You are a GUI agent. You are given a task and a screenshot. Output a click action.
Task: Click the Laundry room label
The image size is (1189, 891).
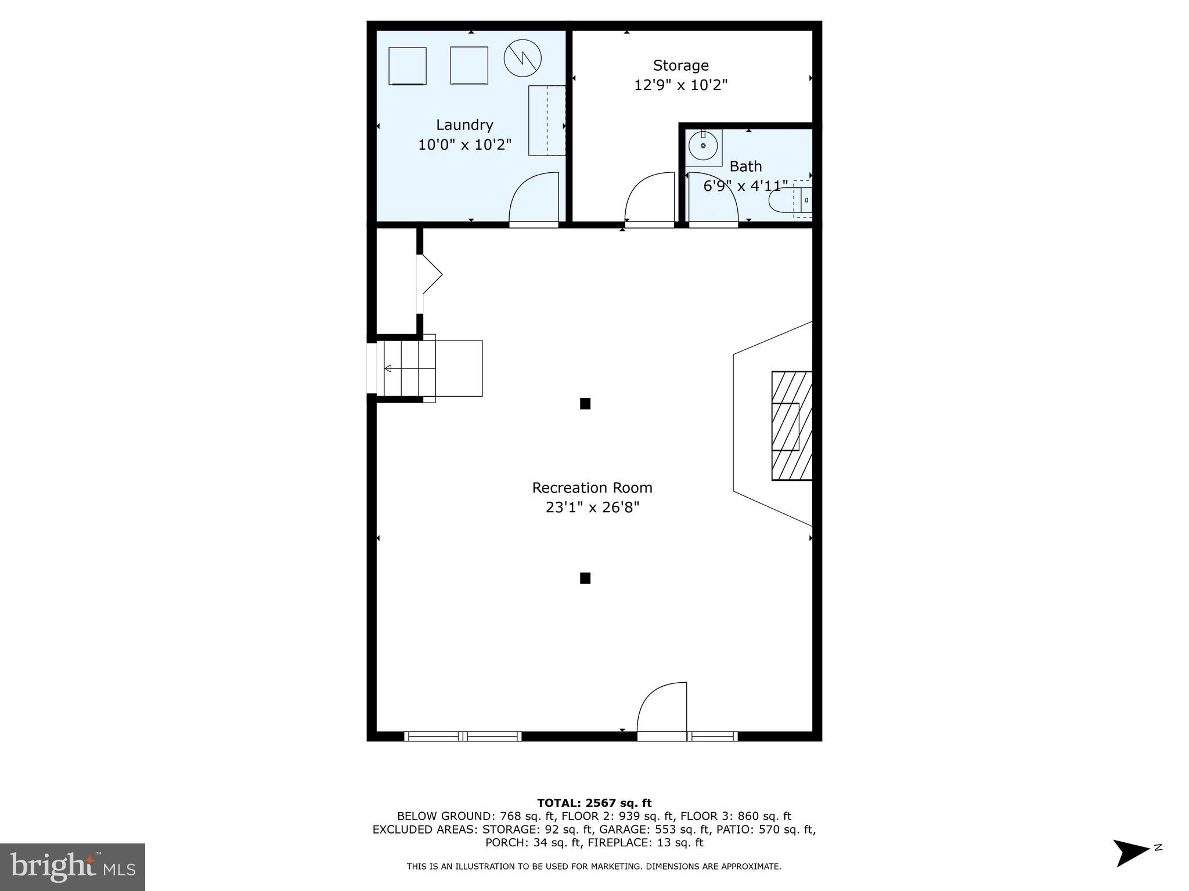(464, 125)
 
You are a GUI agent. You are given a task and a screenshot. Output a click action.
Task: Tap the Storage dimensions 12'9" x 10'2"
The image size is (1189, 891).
(680, 85)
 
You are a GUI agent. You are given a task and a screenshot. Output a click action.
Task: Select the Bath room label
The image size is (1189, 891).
(745, 166)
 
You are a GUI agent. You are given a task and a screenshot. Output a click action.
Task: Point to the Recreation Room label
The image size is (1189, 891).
(592, 488)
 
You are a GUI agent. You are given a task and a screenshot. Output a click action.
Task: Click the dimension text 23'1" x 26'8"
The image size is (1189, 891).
(592, 508)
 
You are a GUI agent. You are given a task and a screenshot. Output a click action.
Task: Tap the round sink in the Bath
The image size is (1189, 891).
(703, 146)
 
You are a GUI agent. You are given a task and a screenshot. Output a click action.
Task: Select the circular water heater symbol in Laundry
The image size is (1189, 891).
(523, 58)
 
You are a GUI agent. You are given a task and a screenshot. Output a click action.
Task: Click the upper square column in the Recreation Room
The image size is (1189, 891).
(585, 404)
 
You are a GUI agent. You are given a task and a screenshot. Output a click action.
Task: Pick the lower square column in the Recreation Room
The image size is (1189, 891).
(585, 578)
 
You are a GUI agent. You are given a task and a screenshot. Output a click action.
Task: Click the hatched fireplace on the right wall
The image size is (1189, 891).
(791, 426)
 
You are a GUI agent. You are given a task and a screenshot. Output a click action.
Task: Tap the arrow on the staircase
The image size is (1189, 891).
(388, 368)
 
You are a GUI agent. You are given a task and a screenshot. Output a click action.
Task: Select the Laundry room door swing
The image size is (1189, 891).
(534, 198)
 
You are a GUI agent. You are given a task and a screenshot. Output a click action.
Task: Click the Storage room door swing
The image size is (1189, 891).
(649, 198)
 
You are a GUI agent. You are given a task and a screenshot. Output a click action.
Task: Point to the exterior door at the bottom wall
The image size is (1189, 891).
(662, 710)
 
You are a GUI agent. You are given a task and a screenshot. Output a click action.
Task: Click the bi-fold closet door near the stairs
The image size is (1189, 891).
(430, 274)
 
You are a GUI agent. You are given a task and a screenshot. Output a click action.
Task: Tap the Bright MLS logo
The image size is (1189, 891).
(73, 867)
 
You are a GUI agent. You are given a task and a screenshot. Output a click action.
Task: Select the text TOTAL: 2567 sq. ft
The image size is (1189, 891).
(594, 803)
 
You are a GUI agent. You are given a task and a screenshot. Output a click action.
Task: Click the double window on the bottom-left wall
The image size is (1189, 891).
(463, 736)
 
